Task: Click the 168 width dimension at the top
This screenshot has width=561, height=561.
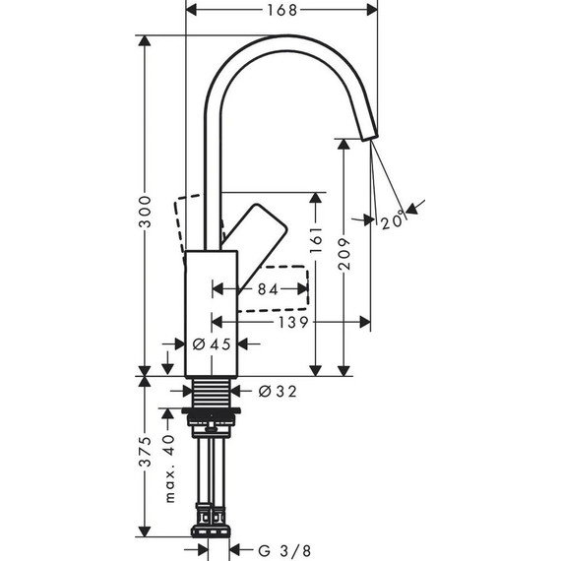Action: click(x=283, y=11)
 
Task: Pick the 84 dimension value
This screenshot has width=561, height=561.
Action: click(x=268, y=289)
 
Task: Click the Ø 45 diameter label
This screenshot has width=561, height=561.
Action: click(x=211, y=344)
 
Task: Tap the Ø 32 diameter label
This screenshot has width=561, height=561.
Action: click(x=277, y=391)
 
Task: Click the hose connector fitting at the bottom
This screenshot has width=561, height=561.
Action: click(x=212, y=517)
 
